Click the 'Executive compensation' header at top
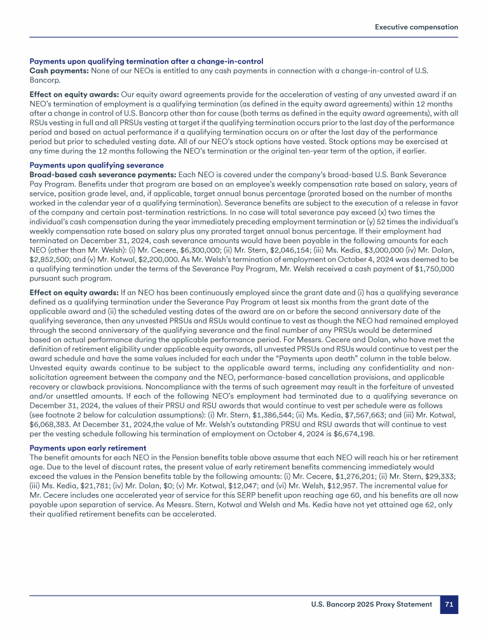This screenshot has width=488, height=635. click(416, 27)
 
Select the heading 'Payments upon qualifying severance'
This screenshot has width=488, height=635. click(97, 165)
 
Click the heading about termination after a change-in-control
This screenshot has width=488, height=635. click(146, 60)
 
